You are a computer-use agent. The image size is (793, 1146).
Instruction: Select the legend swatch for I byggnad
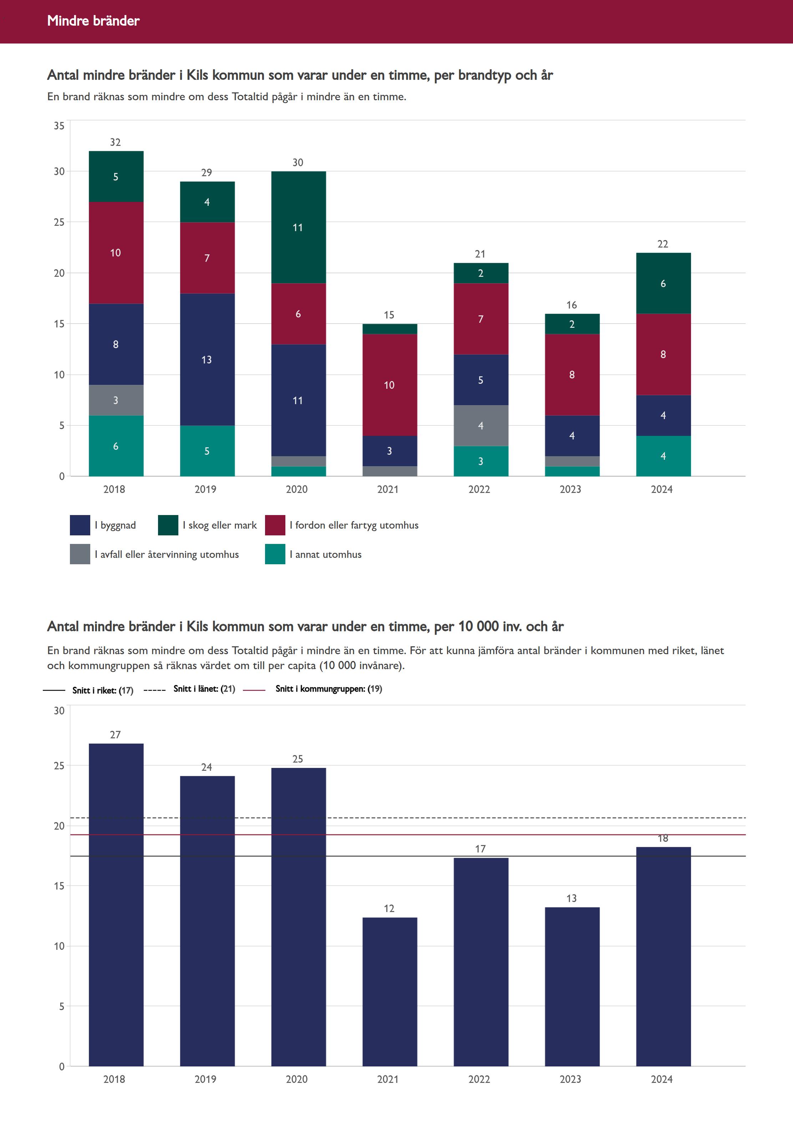tap(80, 525)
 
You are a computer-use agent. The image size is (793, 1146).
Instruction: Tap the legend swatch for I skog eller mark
tap(168, 525)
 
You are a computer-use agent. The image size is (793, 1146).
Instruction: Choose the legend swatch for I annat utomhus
tap(275, 554)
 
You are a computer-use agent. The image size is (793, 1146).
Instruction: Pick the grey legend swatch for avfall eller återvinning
tap(80, 554)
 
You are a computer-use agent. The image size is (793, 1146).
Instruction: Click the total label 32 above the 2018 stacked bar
tap(115, 142)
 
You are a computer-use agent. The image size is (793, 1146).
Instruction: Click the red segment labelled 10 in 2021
tap(390, 384)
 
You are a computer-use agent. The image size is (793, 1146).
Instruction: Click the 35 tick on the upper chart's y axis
tap(59, 126)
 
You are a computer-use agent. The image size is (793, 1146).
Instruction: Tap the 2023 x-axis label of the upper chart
tap(570, 489)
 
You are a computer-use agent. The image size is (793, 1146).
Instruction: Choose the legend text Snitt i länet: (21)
tap(204, 688)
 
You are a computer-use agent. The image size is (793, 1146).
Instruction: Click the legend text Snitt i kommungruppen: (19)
tap(329, 688)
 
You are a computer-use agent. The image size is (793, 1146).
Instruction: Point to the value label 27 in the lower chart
tap(115, 735)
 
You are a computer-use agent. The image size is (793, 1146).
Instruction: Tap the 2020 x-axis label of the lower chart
tap(297, 1079)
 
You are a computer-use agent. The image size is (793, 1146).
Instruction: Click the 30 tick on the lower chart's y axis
tap(59, 710)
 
